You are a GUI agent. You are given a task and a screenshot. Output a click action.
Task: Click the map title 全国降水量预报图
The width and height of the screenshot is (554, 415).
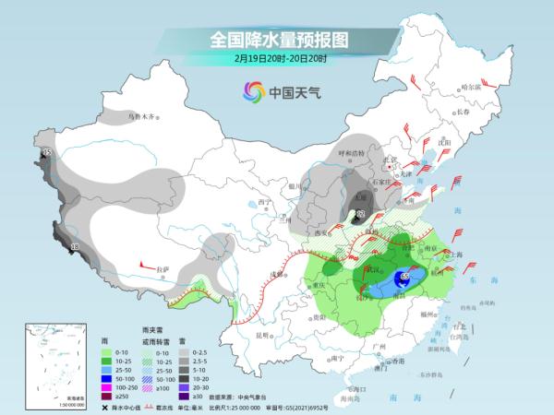tap(276, 41)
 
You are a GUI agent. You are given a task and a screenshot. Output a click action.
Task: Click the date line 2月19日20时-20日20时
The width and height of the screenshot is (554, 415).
tap(276, 60)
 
